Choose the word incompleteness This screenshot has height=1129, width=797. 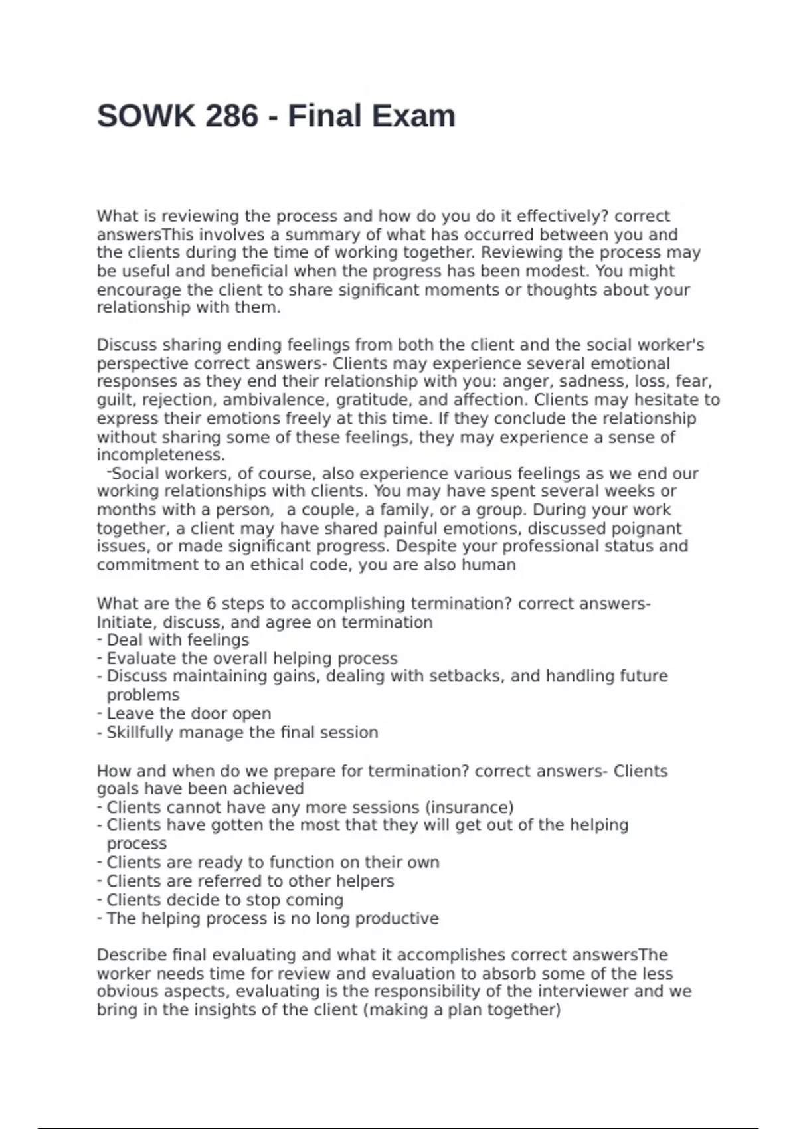[161, 455]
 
